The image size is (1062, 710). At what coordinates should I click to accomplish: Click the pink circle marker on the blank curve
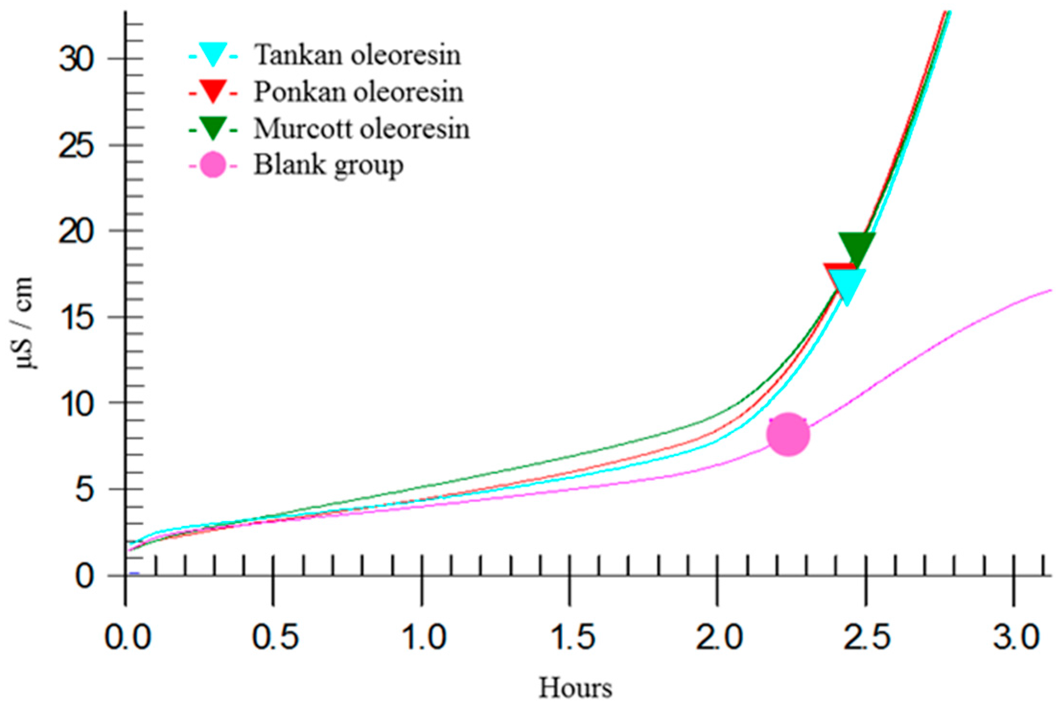788,434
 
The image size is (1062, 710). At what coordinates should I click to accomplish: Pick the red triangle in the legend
213,90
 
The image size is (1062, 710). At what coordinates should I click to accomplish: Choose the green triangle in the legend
213,127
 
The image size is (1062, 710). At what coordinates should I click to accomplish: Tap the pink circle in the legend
213,165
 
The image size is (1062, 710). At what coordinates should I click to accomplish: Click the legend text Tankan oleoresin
357,55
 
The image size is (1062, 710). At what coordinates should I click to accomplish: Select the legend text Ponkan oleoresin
358,91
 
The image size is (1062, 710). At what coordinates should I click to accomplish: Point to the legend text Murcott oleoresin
361,128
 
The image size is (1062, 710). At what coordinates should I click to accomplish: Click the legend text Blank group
328,165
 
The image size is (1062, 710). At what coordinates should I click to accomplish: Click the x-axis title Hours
575,688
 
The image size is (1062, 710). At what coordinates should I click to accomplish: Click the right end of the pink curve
1050,290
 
